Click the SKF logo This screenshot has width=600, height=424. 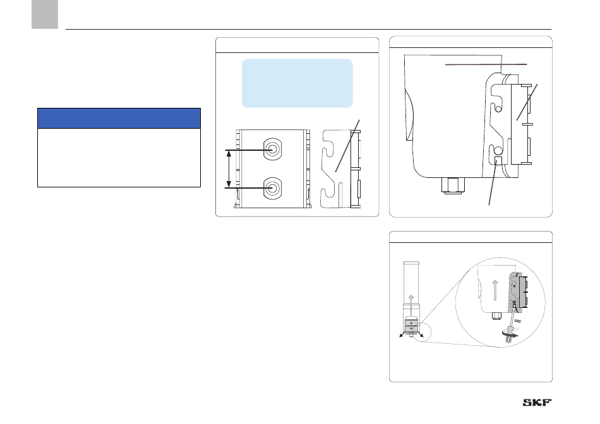click(537, 402)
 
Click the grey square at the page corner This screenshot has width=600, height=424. click(45, 14)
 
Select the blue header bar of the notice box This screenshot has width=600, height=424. click(119, 118)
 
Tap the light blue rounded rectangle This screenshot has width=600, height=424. click(297, 83)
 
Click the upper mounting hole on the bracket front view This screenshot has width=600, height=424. click(272, 149)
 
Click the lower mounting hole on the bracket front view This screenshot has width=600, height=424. click(272, 188)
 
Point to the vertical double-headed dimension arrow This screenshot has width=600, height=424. click(229, 168)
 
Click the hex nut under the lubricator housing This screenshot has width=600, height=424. click(453, 185)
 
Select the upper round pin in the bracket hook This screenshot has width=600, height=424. click(498, 109)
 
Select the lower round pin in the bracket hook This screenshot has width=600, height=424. click(498, 149)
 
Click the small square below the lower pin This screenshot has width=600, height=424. click(498, 160)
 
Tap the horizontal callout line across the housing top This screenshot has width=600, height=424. click(486, 64)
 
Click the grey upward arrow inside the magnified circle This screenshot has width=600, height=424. click(495, 290)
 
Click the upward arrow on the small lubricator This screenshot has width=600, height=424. click(411, 305)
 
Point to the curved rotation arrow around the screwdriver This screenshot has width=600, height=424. click(511, 334)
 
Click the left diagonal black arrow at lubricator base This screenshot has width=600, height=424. click(402, 334)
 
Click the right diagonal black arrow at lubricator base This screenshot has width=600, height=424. click(420, 334)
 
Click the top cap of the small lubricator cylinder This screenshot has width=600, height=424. click(411, 264)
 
